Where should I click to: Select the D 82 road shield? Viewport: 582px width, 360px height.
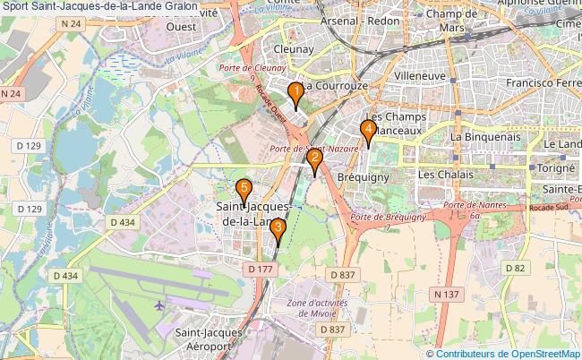(x=513, y=267)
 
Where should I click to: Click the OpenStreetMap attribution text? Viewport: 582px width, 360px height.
(x=508, y=353)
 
